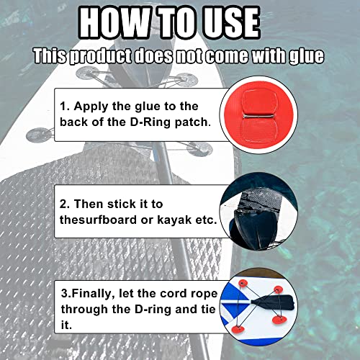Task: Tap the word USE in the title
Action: [x=231, y=23]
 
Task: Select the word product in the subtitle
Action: [x=101, y=57]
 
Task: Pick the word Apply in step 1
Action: [x=91, y=107]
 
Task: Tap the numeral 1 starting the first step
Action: [x=63, y=107]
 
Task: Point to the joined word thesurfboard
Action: [x=98, y=220]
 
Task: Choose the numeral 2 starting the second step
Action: [x=63, y=204]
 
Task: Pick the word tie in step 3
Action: [x=208, y=309]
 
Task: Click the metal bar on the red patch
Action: [x=258, y=117]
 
